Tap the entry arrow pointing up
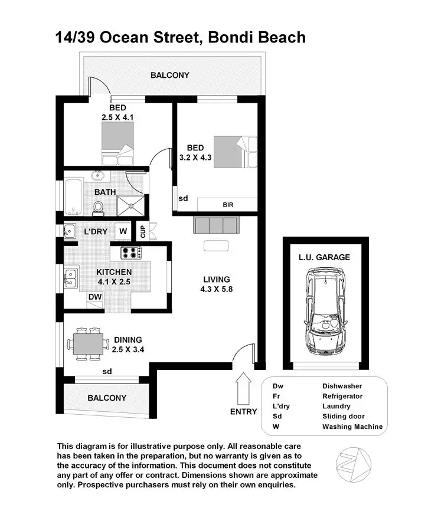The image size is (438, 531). pos(243,386)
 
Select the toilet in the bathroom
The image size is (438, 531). pos(99,207)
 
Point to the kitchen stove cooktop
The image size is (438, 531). pos(131,253)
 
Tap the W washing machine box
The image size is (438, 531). pos(124,231)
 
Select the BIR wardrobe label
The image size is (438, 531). pos(227,205)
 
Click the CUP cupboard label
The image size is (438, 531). pos(142,231)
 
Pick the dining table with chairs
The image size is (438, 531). pos(89,343)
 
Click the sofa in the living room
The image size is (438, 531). pos(215,225)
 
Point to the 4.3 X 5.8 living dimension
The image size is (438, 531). pos(217,290)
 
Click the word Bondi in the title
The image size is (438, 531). pos(233,38)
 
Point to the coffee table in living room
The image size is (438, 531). pos(216,246)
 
